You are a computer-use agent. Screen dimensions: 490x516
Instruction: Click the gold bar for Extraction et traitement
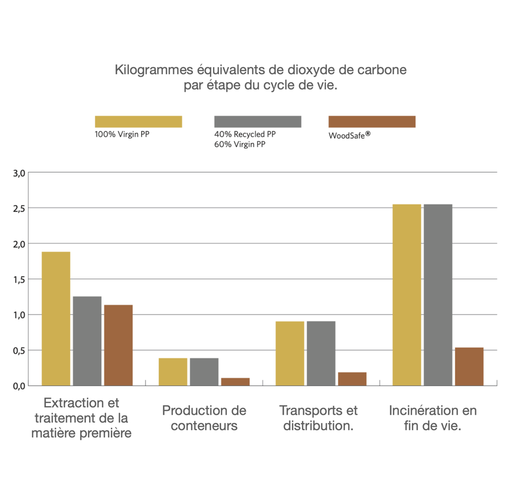click(56, 319)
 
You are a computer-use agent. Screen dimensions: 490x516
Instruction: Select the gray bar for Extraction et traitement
click(87, 341)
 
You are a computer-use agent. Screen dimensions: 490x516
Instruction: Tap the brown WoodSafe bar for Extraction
click(118, 345)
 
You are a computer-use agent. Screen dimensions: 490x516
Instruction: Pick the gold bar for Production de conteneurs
click(173, 372)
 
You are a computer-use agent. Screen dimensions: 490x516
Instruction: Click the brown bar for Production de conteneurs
click(235, 381)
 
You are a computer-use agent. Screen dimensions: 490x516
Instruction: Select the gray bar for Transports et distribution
click(321, 353)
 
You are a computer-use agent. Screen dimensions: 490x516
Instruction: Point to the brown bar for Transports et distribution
click(352, 379)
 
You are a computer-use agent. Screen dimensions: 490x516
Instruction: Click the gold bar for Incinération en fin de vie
click(407, 295)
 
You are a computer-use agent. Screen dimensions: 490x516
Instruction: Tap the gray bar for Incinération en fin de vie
click(438, 295)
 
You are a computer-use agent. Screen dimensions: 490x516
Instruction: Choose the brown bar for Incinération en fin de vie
click(469, 366)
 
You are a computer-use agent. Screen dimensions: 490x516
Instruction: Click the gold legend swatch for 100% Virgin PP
click(138, 122)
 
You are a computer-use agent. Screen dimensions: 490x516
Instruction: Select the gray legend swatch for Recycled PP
click(257, 122)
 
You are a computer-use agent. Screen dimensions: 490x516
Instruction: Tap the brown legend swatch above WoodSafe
click(372, 122)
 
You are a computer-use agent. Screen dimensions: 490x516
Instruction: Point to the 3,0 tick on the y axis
click(19, 173)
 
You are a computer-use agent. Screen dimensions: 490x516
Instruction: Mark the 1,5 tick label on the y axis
click(19, 280)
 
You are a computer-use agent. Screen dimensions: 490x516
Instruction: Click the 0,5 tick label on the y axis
click(19, 350)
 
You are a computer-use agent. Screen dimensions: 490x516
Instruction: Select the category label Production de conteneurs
click(204, 418)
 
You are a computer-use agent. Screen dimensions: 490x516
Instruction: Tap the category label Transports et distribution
click(318, 418)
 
